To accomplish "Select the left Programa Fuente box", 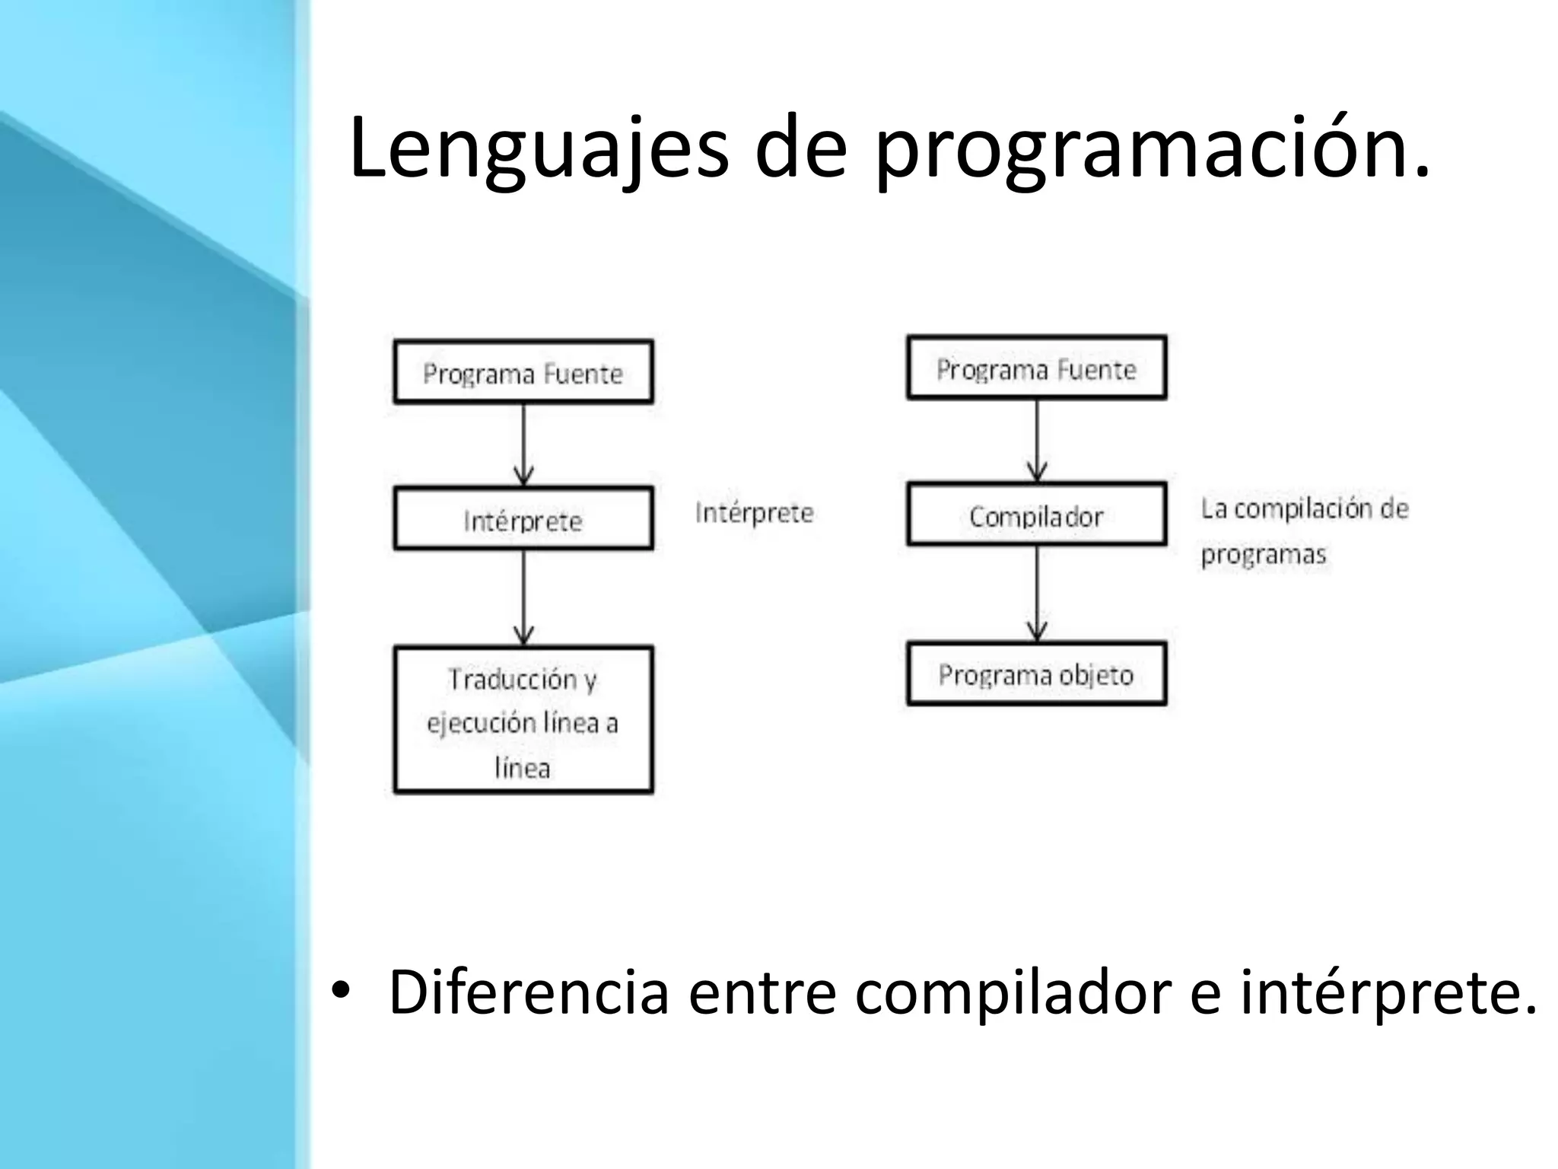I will point(523,372).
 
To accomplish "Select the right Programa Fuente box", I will point(1036,368).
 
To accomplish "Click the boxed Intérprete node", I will point(523,519).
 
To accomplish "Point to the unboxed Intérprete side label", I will point(754,513).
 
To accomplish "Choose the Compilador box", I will point(1036,515).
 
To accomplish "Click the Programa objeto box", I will point(1036,674).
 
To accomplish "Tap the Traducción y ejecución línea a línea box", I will point(523,721).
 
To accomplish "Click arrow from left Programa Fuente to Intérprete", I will point(523,444).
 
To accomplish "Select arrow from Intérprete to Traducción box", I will point(523,597).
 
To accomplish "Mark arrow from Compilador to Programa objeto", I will point(1037,593).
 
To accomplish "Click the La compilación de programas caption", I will point(1302,530).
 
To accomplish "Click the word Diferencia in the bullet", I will point(528,992).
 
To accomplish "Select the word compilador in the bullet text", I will point(1012,992).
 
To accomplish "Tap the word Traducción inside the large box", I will point(513,679).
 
